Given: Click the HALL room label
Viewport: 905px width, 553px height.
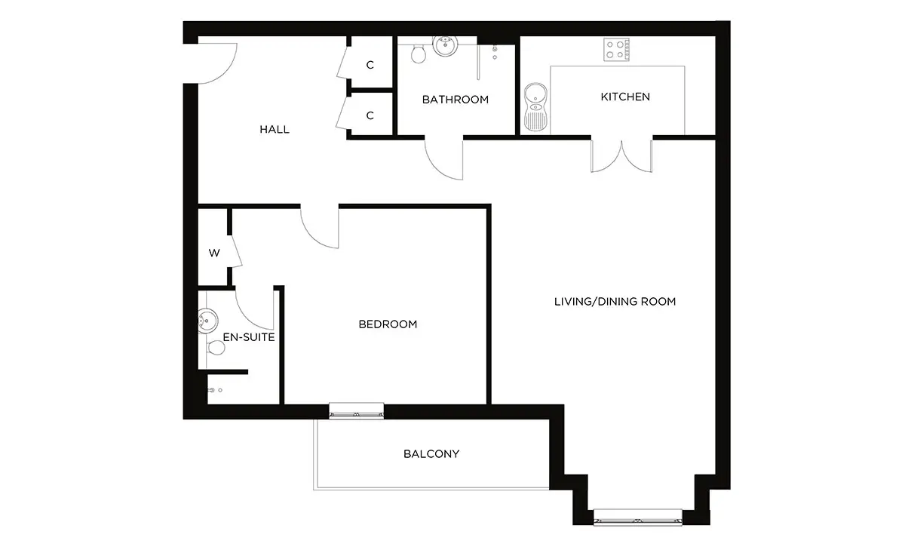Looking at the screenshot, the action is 275,129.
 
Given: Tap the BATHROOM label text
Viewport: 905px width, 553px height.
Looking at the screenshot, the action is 456,100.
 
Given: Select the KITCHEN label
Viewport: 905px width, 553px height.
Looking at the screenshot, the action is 625,97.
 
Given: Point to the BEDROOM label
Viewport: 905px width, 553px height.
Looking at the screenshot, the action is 388,324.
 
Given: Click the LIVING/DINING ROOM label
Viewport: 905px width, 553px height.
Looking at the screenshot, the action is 615,302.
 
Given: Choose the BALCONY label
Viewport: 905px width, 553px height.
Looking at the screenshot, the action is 431,454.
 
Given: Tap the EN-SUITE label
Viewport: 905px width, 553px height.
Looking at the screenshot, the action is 249,337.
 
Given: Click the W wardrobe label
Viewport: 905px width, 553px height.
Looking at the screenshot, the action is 214,253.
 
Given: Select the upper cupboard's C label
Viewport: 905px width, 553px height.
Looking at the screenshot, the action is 370,65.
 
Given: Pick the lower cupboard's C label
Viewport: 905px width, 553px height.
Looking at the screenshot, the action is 370,115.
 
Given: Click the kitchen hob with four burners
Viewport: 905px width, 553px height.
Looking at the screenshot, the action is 617,50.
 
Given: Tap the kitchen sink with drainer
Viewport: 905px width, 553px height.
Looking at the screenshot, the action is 535,107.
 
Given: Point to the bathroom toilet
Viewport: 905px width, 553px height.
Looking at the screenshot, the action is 419,54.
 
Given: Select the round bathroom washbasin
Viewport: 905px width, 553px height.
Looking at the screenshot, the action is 445,45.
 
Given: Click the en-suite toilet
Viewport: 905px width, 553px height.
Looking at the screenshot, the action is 216,348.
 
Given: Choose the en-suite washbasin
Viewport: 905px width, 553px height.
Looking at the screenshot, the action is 208,321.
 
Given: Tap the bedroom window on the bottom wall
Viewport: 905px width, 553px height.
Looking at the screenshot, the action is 356,410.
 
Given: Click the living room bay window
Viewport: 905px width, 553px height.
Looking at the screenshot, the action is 638,518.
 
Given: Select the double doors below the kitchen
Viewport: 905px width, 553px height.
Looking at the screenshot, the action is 621,156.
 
